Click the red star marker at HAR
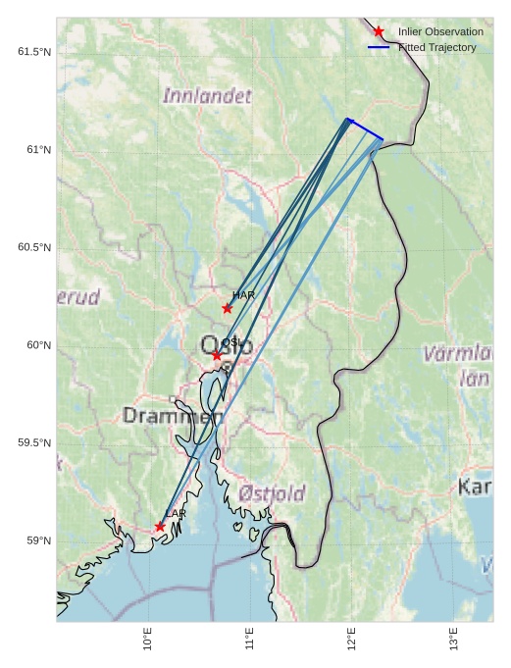click(x=228, y=308)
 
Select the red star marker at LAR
click(x=160, y=527)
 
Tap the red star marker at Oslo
click(x=217, y=355)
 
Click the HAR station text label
click(x=243, y=295)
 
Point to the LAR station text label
click(x=176, y=514)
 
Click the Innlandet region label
click(x=207, y=96)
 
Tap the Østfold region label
click(x=272, y=493)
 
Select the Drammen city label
click(x=173, y=417)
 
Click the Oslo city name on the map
click(x=227, y=345)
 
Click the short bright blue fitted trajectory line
click(x=365, y=129)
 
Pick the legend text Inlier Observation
click(x=440, y=32)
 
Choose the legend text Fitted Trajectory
click(x=436, y=48)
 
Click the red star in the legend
click(x=379, y=32)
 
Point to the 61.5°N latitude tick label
click(x=34, y=51)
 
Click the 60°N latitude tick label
click(x=38, y=345)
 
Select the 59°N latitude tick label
click(x=38, y=541)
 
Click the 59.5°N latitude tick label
click(x=34, y=443)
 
